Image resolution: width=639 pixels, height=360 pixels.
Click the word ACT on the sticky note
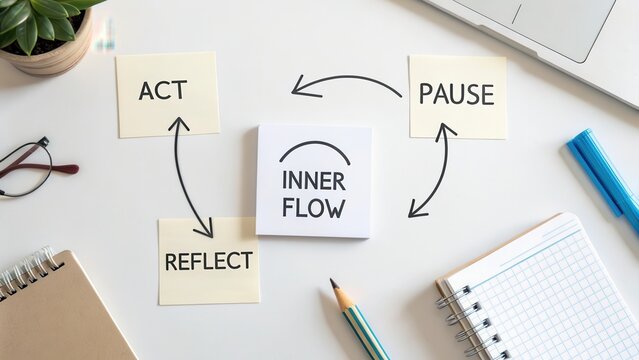tap(162, 91)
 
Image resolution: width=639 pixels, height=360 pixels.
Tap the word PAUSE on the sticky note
tap(456, 95)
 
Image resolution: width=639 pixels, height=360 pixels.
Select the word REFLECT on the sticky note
tap(207, 262)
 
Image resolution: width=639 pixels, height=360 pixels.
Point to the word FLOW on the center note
tap(314, 209)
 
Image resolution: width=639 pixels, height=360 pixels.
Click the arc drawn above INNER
tap(314, 150)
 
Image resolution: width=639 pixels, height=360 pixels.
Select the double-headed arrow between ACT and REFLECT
tap(190, 176)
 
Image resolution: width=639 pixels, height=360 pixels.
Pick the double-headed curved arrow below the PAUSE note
tap(436, 170)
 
